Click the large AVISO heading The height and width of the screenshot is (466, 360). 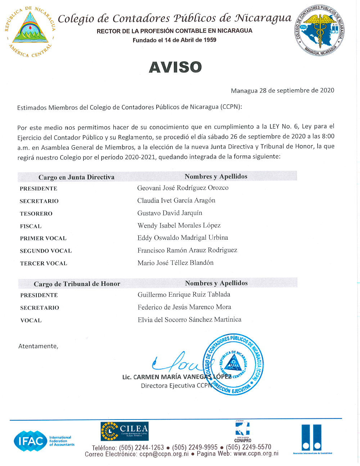pyautogui.click(x=175, y=67)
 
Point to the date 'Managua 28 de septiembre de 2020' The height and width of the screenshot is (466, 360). pyautogui.click(x=282, y=90)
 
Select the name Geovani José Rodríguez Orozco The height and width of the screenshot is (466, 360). pyautogui.click(x=183, y=188)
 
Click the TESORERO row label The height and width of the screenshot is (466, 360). pyautogui.click(x=36, y=214)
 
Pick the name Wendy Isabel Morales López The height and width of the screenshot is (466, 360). pyautogui.click(x=179, y=225)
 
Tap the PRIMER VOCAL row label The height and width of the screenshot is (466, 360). pyautogui.click(x=43, y=238)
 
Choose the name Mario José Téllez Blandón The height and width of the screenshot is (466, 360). pyautogui.click(x=175, y=263)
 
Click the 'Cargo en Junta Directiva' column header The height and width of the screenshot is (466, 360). pyautogui.click(x=76, y=177)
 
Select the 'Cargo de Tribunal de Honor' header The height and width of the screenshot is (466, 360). pyautogui.click(x=77, y=284)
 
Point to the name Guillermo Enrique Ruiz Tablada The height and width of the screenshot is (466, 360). pyautogui.click(x=184, y=295)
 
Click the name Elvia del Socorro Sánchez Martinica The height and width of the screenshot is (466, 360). pyautogui.click(x=189, y=320)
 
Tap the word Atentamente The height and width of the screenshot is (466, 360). pyautogui.click(x=38, y=346)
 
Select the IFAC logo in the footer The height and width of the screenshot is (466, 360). pyautogui.click(x=44, y=441)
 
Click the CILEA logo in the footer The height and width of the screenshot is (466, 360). pyautogui.click(x=125, y=431)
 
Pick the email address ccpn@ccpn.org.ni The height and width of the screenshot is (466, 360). pyautogui.click(x=164, y=454)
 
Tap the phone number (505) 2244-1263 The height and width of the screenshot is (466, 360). pyautogui.click(x=141, y=448)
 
